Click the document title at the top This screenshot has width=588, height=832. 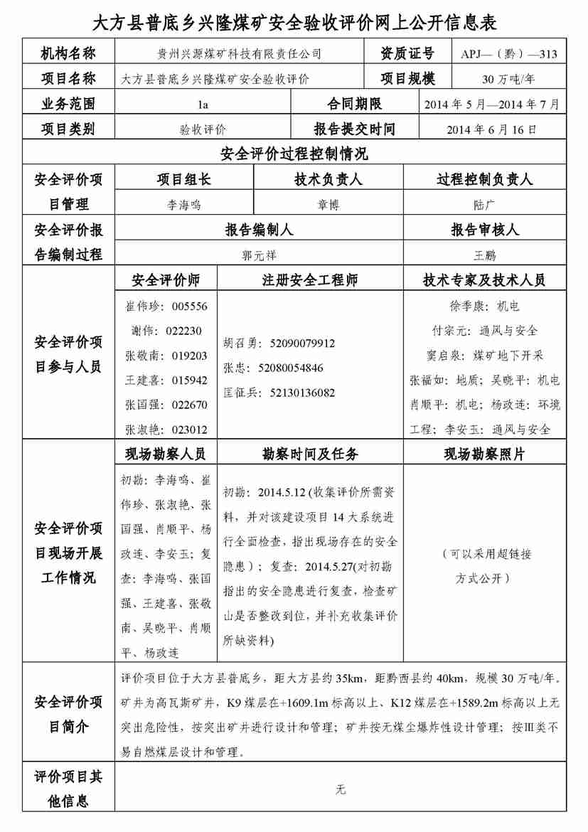pyautogui.click(x=294, y=23)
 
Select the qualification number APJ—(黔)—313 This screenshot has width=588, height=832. pyautogui.click(x=508, y=54)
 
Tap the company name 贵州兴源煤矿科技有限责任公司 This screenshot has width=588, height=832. pyautogui.click(x=239, y=54)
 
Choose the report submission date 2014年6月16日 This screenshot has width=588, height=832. pyautogui.click(x=491, y=129)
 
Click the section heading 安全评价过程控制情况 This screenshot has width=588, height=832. pyautogui.click(x=294, y=154)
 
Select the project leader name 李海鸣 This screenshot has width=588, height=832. pyautogui.click(x=184, y=205)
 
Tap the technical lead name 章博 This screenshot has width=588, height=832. pyautogui.click(x=328, y=205)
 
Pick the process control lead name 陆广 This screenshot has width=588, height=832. pyautogui.click(x=483, y=205)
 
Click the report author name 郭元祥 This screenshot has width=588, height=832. pyautogui.click(x=258, y=255)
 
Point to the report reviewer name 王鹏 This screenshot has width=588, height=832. pyautogui.click(x=484, y=255)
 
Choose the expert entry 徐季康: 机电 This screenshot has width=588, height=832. pyautogui.click(x=484, y=306)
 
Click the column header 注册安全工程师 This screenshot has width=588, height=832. pyautogui.click(x=310, y=280)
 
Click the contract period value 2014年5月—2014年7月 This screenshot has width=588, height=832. pyautogui.click(x=491, y=105)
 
